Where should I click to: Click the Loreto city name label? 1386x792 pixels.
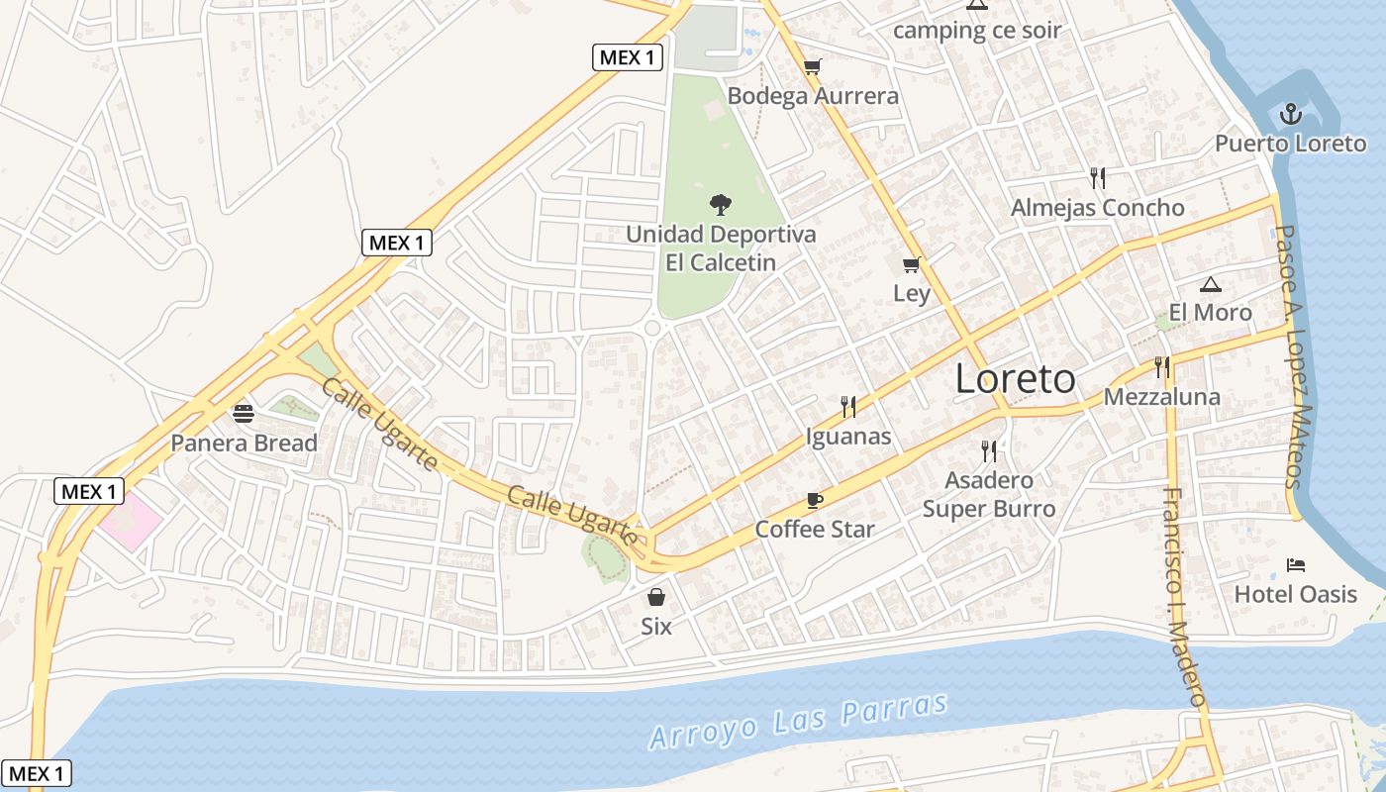(x=1015, y=379)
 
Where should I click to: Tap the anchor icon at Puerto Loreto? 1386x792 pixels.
(x=1290, y=115)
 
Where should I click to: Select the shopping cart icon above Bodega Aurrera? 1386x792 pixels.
(x=813, y=66)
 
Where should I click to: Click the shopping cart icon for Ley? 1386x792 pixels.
(x=912, y=264)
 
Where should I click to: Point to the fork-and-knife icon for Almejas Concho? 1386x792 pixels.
(x=1097, y=178)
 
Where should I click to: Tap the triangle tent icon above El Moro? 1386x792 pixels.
(x=1210, y=285)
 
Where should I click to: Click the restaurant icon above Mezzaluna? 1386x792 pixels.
(x=1162, y=368)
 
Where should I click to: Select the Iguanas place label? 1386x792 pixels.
(x=848, y=437)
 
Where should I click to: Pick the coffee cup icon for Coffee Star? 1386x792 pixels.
(x=815, y=500)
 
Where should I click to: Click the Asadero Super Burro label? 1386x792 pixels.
(x=989, y=494)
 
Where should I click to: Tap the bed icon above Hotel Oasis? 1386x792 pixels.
(x=1296, y=565)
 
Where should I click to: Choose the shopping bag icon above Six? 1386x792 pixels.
(x=655, y=597)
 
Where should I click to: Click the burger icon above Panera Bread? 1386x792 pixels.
(x=244, y=413)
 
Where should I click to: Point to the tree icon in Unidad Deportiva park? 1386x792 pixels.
(x=721, y=205)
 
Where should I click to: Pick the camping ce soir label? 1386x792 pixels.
(x=977, y=30)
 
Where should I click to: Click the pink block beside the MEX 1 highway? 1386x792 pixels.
(x=130, y=517)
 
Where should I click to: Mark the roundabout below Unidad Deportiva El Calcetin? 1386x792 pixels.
(x=652, y=328)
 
